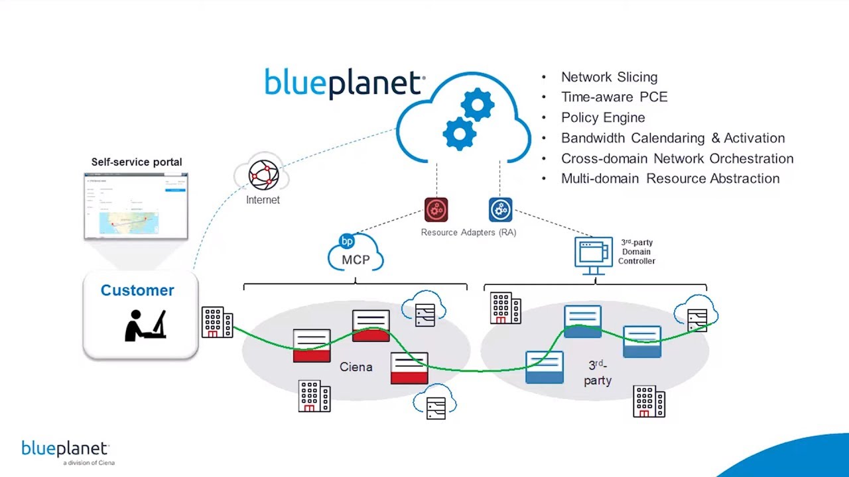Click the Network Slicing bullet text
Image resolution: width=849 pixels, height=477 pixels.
point(609,77)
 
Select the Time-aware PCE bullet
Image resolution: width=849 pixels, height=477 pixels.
point(614,97)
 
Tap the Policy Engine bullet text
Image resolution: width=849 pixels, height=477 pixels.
point(603,117)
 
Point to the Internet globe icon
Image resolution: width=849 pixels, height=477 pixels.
point(263,174)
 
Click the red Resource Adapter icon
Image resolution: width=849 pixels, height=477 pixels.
point(436,210)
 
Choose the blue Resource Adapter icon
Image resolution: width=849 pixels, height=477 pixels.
point(501,210)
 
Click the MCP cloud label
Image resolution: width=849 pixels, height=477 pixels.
point(356,259)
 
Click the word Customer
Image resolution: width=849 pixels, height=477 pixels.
point(137,290)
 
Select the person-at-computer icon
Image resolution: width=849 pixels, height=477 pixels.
point(145,325)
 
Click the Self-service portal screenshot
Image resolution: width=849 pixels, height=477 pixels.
point(136,205)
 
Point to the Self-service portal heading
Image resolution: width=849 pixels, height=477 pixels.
point(137,162)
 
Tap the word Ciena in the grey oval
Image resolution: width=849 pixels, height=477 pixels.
point(356,367)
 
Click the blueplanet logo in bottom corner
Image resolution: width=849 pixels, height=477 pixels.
point(65,450)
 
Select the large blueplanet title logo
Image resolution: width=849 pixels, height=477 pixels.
point(344,84)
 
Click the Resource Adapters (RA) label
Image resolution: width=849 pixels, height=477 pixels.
point(468,233)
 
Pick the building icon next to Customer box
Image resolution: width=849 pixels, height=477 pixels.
point(217,322)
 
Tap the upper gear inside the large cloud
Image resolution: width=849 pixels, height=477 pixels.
point(477,105)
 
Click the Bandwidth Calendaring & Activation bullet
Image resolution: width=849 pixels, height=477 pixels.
point(673,138)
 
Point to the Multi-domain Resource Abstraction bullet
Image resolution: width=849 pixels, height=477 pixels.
point(670,178)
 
